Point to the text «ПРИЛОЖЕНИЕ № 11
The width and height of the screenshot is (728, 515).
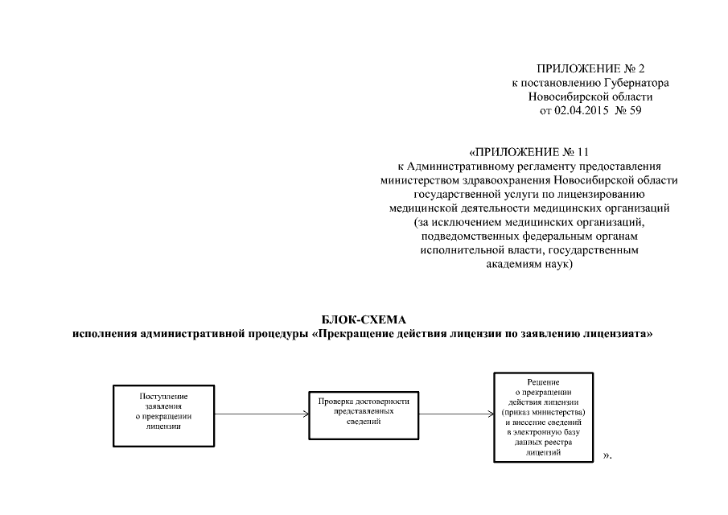[529, 151]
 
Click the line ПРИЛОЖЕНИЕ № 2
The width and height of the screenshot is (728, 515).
[590, 69]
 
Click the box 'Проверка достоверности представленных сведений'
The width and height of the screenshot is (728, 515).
[364, 414]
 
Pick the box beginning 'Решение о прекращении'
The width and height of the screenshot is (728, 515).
[544, 416]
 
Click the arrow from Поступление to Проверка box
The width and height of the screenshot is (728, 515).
[262, 414]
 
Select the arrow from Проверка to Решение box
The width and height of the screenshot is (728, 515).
[456, 414]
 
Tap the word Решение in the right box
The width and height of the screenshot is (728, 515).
[544, 381]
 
